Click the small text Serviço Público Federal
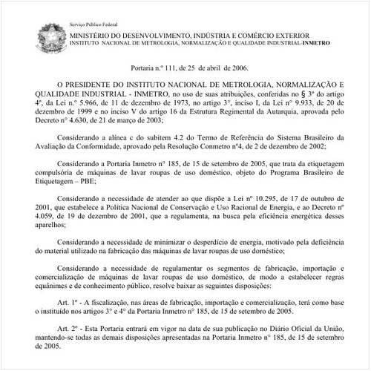[x=94, y=6]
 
